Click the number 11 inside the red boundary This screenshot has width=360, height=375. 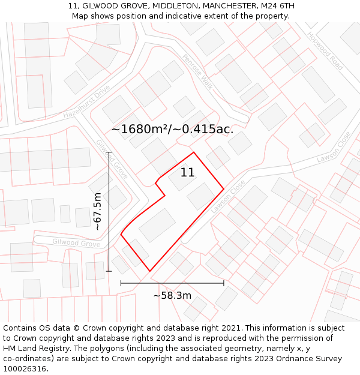tap(187, 173)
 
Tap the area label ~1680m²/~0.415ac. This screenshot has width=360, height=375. tap(172, 128)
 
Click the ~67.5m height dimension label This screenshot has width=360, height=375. tap(98, 211)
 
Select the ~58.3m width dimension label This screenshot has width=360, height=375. tap(172, 295)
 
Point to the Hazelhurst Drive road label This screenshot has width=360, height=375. tap(87, 101)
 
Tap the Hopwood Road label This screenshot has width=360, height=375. tap(325, 50)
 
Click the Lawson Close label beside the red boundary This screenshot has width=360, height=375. tap(228, 197)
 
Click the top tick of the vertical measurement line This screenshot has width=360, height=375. tap(109, 152)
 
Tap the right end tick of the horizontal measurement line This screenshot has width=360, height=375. tap(224, 283)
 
